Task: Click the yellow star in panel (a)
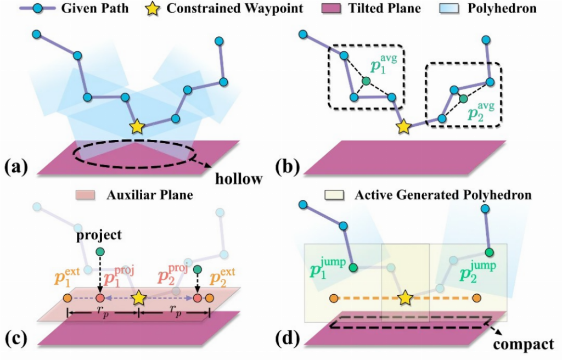pyautogui.click(x=137, y=128)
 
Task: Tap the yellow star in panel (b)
pyautogui.click(x=404, y=127)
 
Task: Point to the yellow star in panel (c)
pyautogui.click(x=139, y=298)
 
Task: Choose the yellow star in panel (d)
pyautogui.click(x=405, y=298)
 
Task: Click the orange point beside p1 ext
pyautogui.click(x=67, y=298)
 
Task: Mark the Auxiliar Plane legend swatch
pyautogui.click(x=85, y=195)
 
